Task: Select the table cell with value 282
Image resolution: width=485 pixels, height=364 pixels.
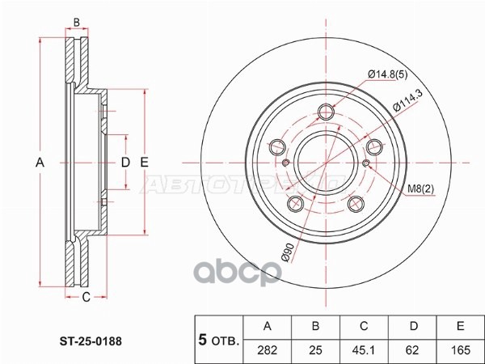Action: click(268, 350)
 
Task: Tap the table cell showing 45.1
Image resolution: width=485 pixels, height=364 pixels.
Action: click(364, 350)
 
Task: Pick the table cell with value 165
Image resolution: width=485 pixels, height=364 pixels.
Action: click(459, 350)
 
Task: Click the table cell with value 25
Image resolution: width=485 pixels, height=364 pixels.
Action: click(316, 350)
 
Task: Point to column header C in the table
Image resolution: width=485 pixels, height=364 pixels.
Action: click(364, 326)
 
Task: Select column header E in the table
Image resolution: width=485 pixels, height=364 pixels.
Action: click(459, 326)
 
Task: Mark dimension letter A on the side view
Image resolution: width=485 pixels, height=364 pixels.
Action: click(39, 163)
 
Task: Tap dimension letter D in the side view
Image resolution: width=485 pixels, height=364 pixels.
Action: click(125, 163)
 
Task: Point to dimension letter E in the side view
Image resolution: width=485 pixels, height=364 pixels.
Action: click(145, 163)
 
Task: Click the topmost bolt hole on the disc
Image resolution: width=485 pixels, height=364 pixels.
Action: click(326, 113)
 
